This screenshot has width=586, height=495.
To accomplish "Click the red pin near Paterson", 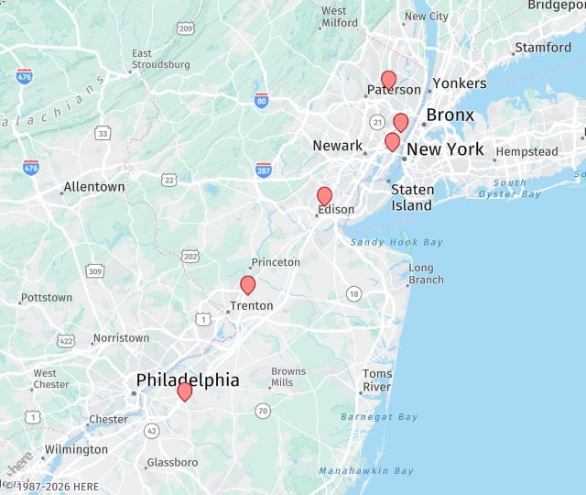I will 388,80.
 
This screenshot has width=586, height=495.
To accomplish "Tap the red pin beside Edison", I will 324,195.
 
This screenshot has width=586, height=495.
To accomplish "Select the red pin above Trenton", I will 247,284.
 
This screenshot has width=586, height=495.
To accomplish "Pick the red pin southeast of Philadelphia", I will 184,391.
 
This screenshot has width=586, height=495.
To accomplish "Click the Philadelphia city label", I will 188,379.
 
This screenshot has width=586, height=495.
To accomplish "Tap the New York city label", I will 445,149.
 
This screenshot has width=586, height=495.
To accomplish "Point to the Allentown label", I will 93,187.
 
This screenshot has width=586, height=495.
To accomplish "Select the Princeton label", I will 276,262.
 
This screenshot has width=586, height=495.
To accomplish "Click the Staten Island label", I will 412,197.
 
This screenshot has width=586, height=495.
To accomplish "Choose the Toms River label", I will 377,380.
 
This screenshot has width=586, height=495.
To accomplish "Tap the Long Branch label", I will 426,274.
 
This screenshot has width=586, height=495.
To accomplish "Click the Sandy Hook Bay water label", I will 396,242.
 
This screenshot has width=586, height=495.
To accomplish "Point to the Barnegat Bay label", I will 379,417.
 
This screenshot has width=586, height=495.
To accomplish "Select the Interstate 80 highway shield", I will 261,99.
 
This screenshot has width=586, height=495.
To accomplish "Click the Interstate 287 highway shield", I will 264,169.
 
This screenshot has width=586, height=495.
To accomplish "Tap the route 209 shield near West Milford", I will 186,29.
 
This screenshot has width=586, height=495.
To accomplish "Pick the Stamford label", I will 543,48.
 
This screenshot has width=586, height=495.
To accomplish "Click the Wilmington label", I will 76,449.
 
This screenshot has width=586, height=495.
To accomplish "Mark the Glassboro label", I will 172,462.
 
